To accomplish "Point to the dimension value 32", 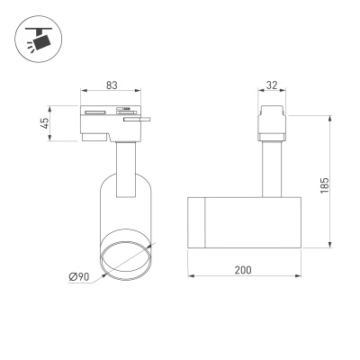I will click(272, 86).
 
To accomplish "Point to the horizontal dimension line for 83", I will click(112, 93).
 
